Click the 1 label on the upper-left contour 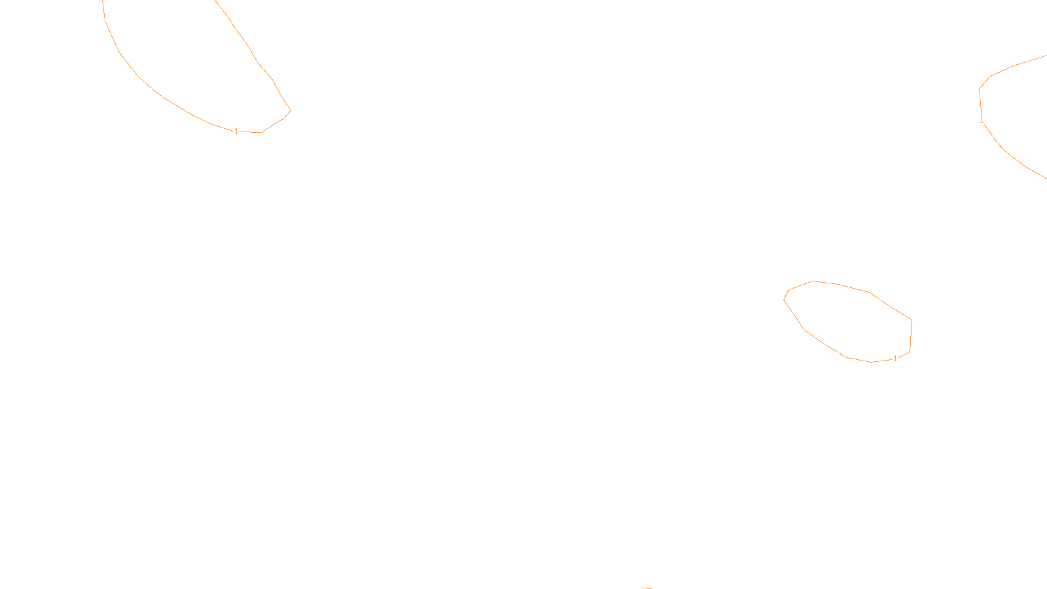point(236,132)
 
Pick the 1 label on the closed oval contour point(895,359)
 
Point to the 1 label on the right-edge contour point(982,120)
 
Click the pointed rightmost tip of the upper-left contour point(291,110)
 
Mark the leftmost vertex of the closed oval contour point(784,299)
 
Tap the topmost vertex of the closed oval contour point(813,281)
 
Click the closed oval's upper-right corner point(912,320)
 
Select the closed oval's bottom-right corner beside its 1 point(910,351)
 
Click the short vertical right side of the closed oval point(911,336)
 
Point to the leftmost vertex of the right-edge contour point(979,89)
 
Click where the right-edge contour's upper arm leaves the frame point(1045,56)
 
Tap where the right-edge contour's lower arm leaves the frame point(1045,177)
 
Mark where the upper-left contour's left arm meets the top point(103,2)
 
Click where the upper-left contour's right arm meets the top point(216,2)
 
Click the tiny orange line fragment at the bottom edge point(646,588)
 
